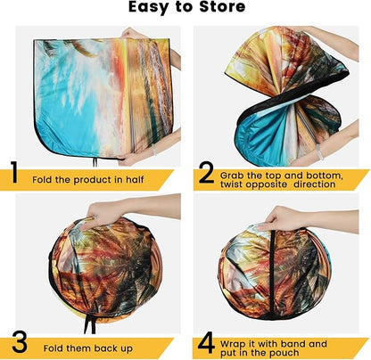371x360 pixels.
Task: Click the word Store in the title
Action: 222,7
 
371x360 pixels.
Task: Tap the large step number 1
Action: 14,172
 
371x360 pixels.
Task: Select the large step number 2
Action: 207,173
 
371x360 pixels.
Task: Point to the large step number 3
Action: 20,342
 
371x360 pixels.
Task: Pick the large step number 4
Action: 206,343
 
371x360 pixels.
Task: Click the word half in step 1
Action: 135,180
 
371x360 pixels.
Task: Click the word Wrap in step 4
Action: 233,345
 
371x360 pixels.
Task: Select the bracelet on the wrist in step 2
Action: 319,151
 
